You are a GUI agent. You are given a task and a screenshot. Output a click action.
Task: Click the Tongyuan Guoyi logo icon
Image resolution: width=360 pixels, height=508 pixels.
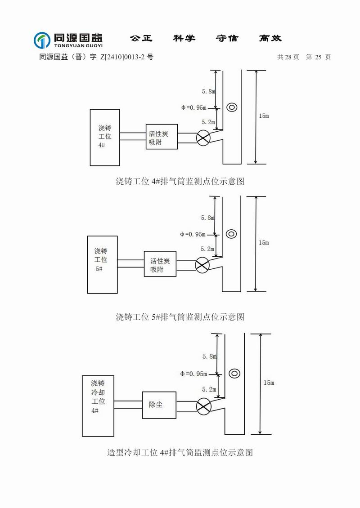pos(42,40)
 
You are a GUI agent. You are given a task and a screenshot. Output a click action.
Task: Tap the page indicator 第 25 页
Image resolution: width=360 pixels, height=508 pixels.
pos(318,57)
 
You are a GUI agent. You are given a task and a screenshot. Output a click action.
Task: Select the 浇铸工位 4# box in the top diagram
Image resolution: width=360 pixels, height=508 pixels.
pos(105,137)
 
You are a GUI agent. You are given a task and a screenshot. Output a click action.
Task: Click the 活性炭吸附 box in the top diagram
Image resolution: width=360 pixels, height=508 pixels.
pos(162,137)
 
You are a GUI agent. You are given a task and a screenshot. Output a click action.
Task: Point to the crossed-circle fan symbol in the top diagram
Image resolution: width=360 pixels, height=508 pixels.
pos(203,138)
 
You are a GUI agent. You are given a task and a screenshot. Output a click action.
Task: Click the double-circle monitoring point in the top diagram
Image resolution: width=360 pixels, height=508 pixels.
pos(232,107)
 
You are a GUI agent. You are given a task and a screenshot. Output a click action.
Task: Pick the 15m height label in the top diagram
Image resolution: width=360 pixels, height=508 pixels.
pos(264,116)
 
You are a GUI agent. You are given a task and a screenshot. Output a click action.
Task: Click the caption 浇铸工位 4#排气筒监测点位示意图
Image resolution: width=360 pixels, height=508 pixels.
pos(180,182)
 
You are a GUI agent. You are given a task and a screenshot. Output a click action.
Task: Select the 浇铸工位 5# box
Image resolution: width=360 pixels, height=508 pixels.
pos(102,265)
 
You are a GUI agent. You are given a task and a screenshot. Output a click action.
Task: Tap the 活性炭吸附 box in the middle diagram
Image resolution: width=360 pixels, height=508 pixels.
pos(160,265)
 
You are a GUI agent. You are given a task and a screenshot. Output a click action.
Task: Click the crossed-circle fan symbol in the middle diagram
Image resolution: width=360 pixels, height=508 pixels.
pos(202,265)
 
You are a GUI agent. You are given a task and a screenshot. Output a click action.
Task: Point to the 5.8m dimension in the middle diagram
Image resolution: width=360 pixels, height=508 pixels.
pos(207,218)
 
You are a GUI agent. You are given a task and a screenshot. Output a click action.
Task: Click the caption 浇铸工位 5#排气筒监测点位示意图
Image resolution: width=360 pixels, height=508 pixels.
pos(180,317)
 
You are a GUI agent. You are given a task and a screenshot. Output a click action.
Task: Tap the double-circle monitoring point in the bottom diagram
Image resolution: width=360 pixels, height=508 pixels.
pos(234,373)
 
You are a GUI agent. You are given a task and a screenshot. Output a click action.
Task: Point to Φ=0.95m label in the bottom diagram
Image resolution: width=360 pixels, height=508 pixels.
pos(193,374)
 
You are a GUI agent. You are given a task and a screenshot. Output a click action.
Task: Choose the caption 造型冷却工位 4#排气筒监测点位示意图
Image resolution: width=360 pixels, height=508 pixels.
pos(180,452)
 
